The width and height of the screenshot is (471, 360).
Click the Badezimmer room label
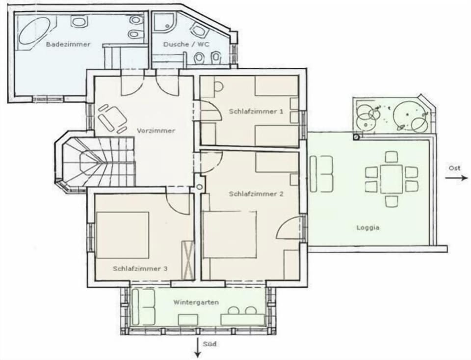68,45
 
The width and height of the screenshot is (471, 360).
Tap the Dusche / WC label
186,45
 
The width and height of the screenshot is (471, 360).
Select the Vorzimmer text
156,131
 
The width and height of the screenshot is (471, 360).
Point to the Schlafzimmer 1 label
256,111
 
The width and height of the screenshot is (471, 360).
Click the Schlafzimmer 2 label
256,194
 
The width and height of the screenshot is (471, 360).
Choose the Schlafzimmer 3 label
140,269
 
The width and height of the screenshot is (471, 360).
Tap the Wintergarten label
196,302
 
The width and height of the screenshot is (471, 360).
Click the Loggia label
368,228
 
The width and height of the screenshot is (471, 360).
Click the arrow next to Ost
456,178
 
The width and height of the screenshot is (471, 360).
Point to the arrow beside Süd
197,348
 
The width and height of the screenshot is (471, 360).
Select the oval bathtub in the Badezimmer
34,30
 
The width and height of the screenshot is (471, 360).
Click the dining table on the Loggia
391,179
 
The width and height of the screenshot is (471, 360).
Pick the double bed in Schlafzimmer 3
123,235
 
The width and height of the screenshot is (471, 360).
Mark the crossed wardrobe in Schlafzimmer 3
188,260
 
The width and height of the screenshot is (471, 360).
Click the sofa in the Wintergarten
143,307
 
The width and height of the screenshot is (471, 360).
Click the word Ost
454,168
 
